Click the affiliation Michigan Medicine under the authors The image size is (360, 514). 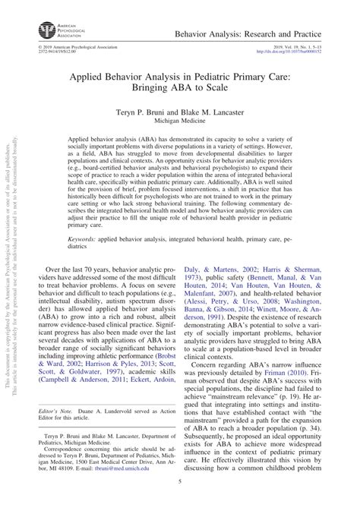(180, 121)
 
